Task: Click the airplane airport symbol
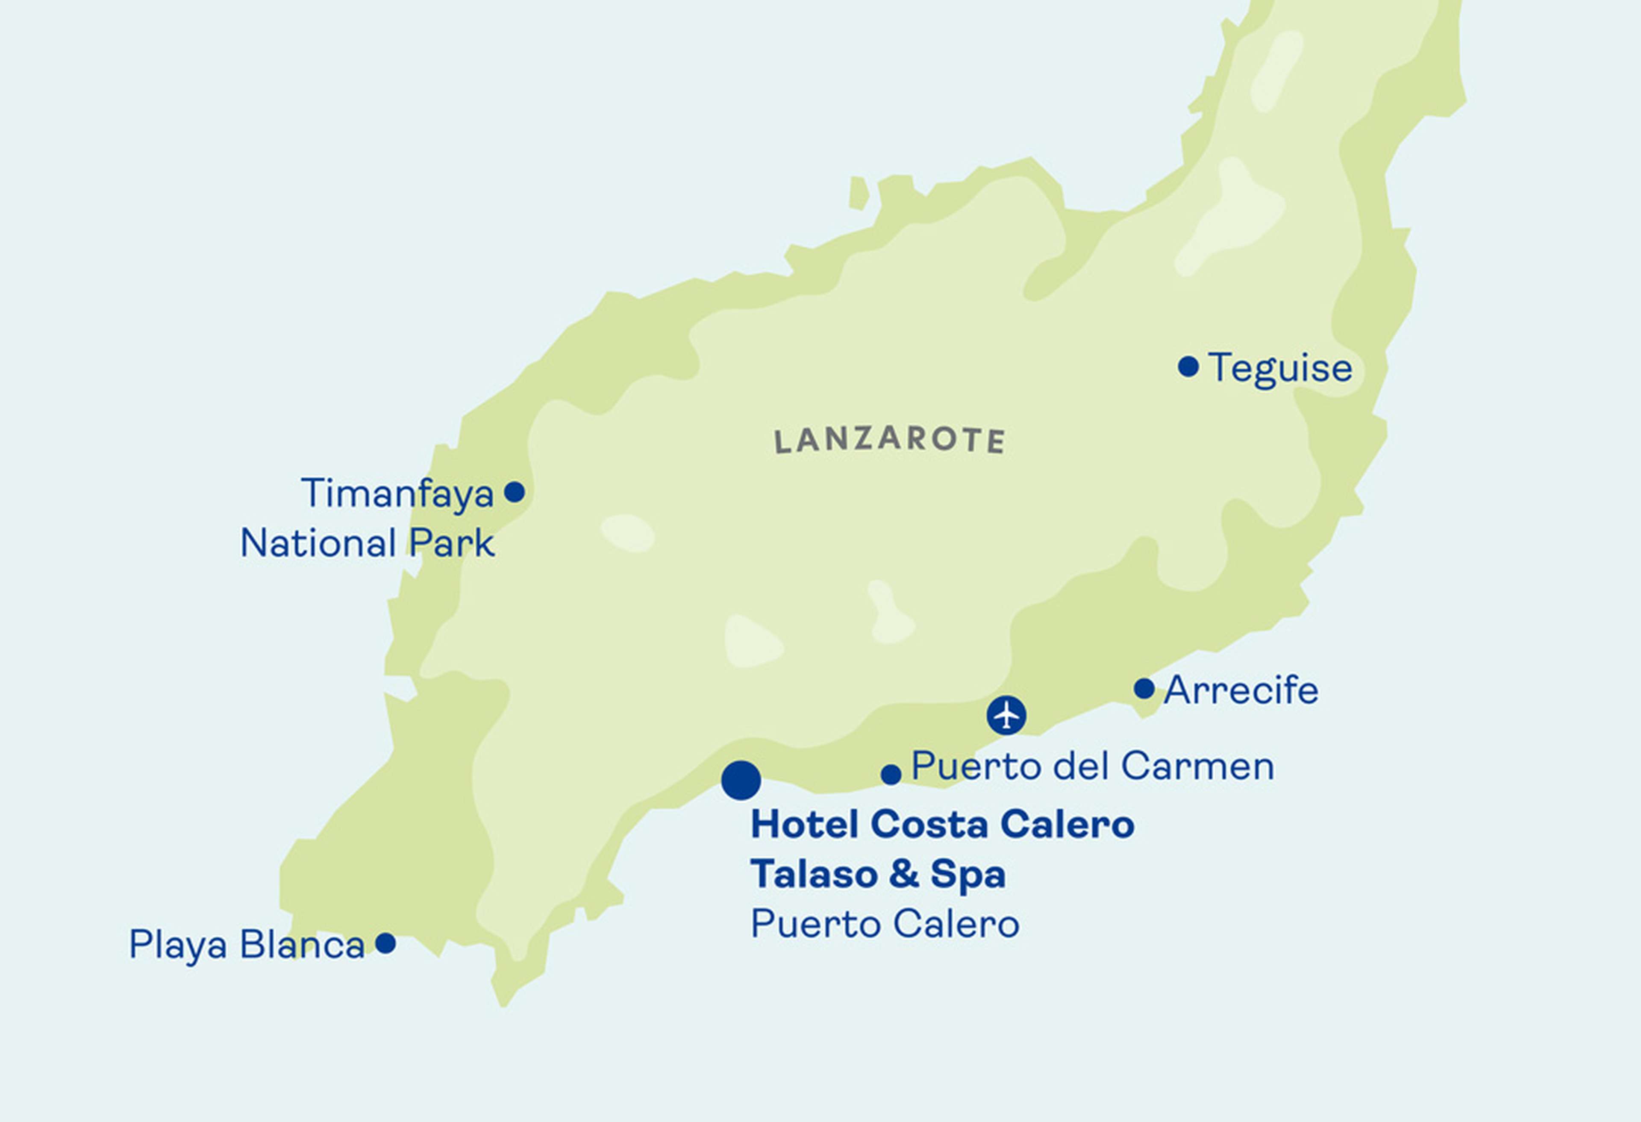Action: tap(1006, 715)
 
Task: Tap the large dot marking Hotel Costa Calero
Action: tap(741, 780)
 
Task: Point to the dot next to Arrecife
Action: tap(1144, 688)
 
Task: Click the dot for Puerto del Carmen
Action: tap(891, 775)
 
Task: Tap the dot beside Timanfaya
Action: tap(514, 492)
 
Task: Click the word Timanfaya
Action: tap(397, 493)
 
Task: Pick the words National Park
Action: tap(367, 544)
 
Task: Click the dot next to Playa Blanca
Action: tap(385, 943)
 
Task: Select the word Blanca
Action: tap(302, 944)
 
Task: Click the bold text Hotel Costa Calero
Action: tap(942, 824)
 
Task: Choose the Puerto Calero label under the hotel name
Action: tap(885, 924)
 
